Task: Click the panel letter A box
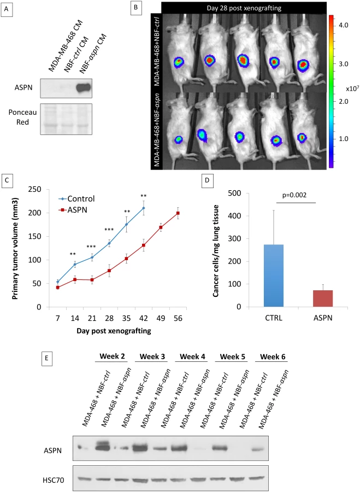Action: [7, 10]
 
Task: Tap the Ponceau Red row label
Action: [22, 117]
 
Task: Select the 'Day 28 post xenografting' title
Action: [244, 8]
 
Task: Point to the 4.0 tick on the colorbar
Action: [344, 25]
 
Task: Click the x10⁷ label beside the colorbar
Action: [352, 89]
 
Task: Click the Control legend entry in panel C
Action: [76, 198]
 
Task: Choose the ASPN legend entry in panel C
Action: [73, 210]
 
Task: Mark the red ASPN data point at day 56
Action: [178, 213]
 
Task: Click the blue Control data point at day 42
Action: [144, 208]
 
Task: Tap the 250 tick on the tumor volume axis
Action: [34, 189]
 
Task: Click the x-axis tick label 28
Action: [109, 318]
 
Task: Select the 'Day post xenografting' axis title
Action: [114, 331]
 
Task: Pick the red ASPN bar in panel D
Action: [323, 298]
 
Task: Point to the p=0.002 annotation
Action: [294, 195]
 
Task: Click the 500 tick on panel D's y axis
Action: [235, 194]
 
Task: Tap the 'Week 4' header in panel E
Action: [192, 356]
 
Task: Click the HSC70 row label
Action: [54, 480]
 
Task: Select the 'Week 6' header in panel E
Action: [273, 356]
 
